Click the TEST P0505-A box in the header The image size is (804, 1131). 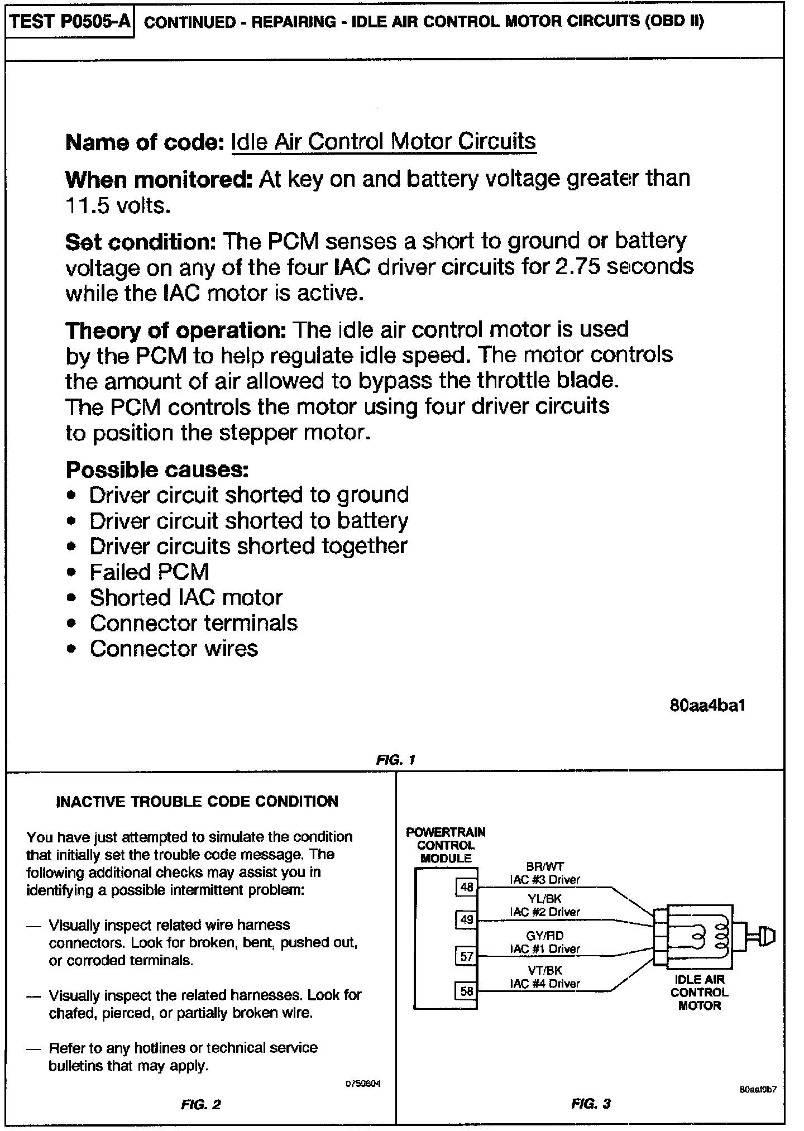pyautogui.click(x=70, y=22)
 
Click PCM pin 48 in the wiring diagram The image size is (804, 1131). pyautogui.click(x=466, y=887)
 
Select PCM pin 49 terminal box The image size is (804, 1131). pyautogui.click(x=466, y=919)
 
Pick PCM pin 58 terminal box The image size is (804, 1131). pyautogui.click(x=466, y=991)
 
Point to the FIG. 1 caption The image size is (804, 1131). pyautogui.click(x=396, y=760)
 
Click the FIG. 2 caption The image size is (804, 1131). pyautogui.click(x=200, y=1104)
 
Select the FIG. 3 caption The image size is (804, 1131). pyautogui.click(x=591, y=1103)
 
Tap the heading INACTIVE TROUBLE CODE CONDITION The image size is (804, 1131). pyautogui.click(x=198, y=802)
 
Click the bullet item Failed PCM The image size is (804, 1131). pyautogui.click(x=149, y=572)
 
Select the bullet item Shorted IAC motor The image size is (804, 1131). pyautogui.click(x=186, y=598)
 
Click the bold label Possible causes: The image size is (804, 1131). pyautogui.click(x=157, y=470)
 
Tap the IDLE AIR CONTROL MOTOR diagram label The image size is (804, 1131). pyautogui.click(x=700, y=993)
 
